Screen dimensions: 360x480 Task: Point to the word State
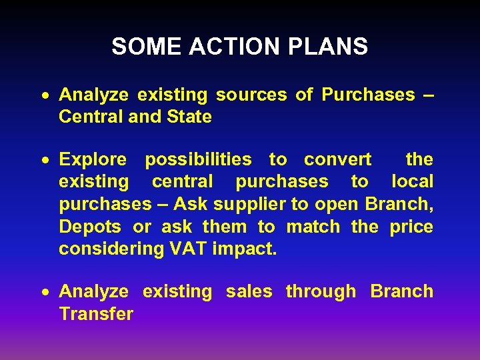coord(189,117)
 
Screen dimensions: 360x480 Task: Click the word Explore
coord(93,159)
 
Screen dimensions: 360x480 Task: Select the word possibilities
coord(198,159)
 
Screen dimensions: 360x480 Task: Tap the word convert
coord(337,159)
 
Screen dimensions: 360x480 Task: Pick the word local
coord(412,181)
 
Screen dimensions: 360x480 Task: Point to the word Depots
coord(90,227)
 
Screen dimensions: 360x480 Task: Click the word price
coord(411,227)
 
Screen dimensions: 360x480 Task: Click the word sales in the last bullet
coord(249,291)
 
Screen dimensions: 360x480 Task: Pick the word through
coord(321,292)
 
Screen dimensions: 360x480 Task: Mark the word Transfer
coord(96,313)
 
